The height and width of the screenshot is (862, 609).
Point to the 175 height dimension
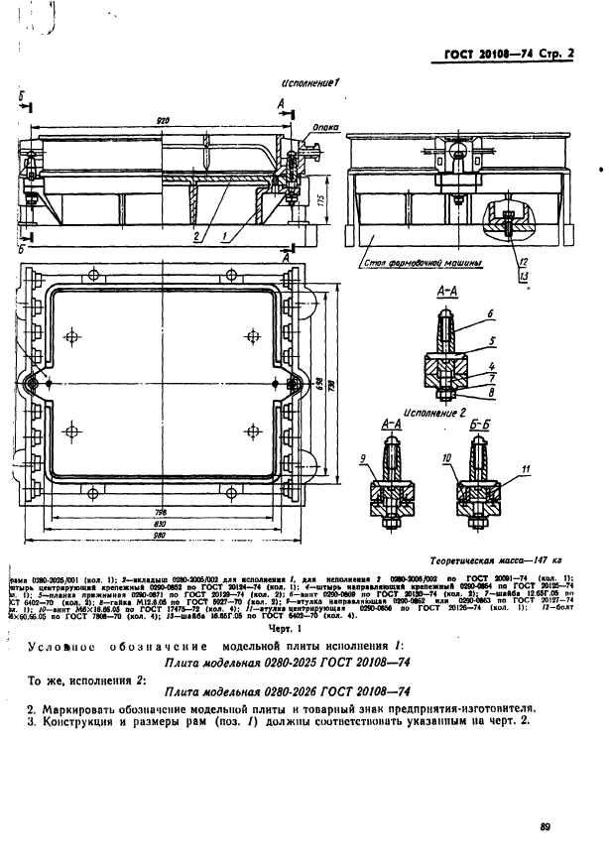pyautogui.click(x=338, y=198)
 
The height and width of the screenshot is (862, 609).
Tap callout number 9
pyautogui.click(x=364, y=458)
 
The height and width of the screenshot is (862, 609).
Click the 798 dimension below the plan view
pyautogui.click(x=161, y=511)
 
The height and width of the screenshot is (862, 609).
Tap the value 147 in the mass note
pyautogui.click(x=533, y=560)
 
